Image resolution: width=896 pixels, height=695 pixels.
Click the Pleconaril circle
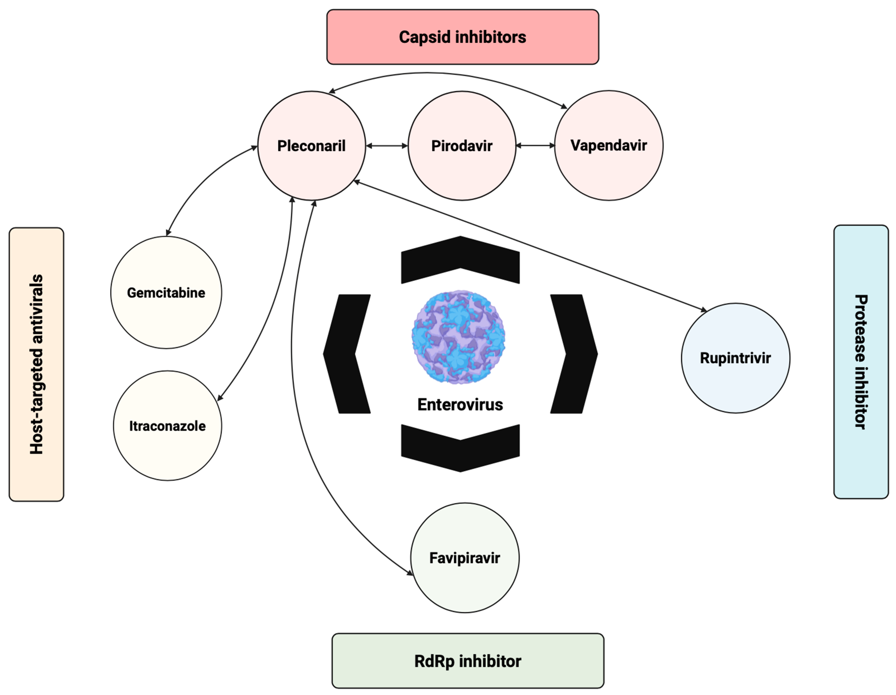click(311, 146)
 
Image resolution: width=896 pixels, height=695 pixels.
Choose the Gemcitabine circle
click(166, 293)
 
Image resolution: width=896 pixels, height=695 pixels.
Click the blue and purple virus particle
click(458, 337)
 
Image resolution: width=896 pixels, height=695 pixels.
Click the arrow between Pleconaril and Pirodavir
click(387, 146)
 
